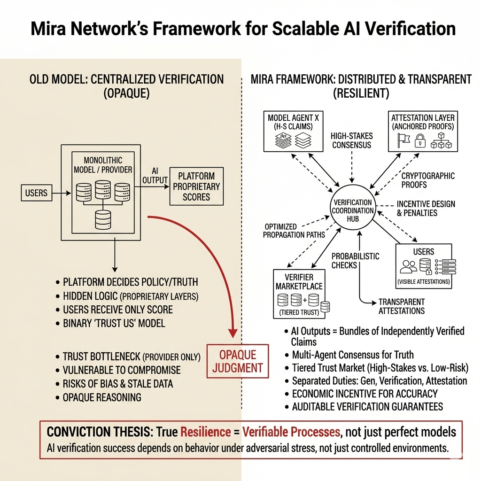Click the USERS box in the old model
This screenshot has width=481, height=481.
click(x=36, y=193)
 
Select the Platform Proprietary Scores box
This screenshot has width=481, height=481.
click(x=196, y=186)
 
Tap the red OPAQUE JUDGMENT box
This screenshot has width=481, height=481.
click(x=238, y=361)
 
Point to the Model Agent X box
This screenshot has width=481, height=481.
click(x=293, y=131)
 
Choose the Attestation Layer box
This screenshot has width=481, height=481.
click(x=422, y=131)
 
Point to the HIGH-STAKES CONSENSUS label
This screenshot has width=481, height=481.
click(x=351, y=140)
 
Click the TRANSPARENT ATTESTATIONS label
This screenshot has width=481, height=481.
click(x=401, y=306)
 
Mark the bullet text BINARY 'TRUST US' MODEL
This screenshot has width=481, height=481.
click(x=114, y=323)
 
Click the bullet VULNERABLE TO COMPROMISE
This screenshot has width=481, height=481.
click(x=122, y=370)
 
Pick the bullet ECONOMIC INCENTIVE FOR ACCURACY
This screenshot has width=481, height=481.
click(x=365, y=394)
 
